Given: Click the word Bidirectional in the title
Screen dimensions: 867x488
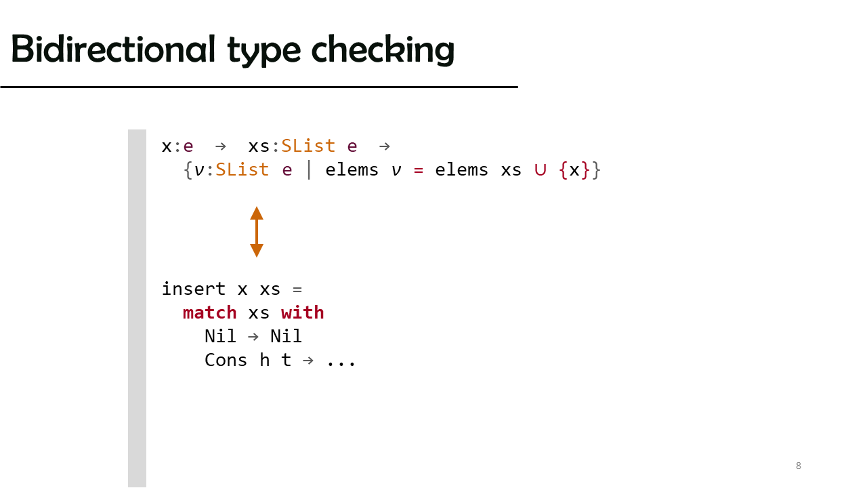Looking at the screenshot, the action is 113,49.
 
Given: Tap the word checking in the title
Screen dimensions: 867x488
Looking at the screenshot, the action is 383,50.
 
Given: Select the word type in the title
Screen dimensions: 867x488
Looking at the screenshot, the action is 263,52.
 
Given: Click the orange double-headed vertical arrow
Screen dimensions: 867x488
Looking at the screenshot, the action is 257,232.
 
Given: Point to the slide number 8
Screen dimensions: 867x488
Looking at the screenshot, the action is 799,466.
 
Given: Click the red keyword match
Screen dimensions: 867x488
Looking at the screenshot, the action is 209,312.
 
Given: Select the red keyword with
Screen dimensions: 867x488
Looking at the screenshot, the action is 302,312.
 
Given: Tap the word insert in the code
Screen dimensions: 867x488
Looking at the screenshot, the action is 194,289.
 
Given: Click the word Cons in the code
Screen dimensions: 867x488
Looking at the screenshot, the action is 226,360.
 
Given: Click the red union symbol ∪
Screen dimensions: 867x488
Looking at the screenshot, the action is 540,170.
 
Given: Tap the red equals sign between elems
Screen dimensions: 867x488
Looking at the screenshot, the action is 418,170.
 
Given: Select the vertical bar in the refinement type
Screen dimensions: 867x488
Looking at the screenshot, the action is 309,169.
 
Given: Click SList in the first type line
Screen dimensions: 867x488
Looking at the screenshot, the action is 308,146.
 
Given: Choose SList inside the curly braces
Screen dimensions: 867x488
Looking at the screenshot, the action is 242,169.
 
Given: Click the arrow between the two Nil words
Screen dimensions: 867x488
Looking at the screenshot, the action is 253,337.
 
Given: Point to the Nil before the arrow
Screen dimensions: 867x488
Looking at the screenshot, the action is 220,336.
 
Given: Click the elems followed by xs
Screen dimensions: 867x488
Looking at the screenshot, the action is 461,170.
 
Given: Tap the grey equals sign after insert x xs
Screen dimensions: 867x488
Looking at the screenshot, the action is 297,289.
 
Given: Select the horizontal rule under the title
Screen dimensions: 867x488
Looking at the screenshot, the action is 259,87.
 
